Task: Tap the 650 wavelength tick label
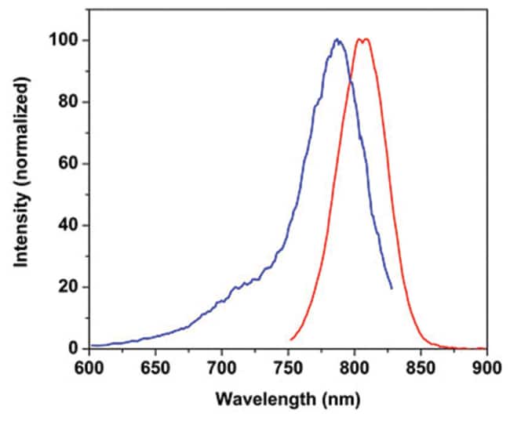coord(155,367)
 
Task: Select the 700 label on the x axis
coord(222,367)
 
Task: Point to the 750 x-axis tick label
coord(288,367)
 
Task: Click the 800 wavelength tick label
coord(355,367)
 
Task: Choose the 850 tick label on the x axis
coord(421,367)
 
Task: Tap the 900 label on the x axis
coord(486,367)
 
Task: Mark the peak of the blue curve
coord(337,39)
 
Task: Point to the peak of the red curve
coord(362,39)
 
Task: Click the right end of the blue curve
coord(392,289)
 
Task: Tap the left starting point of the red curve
coord(291,339)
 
